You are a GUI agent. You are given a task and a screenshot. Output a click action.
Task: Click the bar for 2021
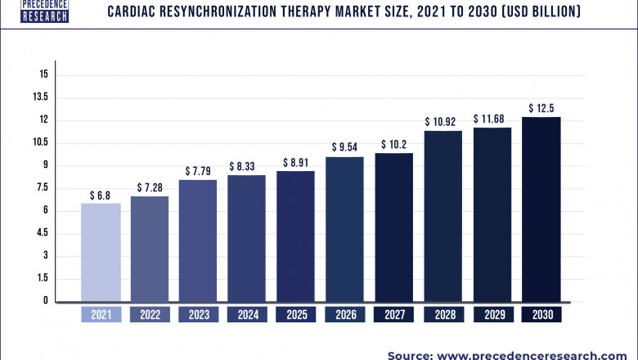click(101, 252)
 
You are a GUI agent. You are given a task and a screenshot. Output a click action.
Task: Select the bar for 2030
click(541, 209)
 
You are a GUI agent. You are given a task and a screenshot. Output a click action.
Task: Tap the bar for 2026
click(345, 229)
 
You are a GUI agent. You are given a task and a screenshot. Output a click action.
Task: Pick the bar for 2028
click(443, 216)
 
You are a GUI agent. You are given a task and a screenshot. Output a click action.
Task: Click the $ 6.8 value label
click(101, 196)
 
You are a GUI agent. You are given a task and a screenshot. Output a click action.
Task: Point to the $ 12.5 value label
click(541, 108)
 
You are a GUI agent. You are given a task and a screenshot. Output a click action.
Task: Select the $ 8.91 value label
click(296, 163)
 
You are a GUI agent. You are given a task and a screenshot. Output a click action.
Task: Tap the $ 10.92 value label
click(443, 122)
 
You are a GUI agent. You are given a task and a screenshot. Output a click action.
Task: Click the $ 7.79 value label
click(199, 171)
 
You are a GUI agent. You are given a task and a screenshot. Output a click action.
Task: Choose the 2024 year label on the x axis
click(247, 315)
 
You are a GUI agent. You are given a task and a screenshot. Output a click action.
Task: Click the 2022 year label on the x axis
click(150, 315)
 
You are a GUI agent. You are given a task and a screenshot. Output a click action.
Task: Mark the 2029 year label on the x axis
click(492, 315)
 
